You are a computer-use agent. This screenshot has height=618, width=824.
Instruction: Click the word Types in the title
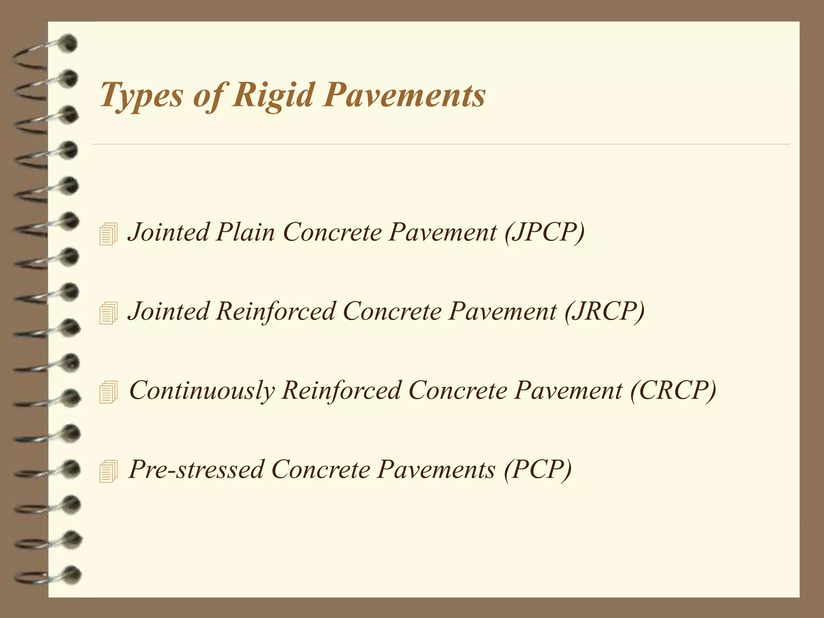coord(141,96)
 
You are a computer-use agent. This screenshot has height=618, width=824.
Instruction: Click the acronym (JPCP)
coord(544,232)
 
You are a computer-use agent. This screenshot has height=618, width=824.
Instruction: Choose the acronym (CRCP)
coord(673,390)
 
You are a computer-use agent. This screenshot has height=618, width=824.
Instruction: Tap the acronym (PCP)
coord(537,469)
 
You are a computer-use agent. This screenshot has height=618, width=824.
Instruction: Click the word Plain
coord(245,232)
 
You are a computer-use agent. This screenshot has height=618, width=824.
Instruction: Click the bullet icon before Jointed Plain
coord(108,234)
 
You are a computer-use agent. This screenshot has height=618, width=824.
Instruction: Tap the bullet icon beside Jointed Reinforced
coord(108,313)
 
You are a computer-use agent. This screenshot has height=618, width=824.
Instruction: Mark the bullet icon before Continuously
coord(108,391)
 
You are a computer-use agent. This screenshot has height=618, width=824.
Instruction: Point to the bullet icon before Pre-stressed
coord(108,471)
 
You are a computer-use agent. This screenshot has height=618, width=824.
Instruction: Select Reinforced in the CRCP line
coord(341,390)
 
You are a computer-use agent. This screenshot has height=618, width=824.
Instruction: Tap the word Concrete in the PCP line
coord(320,469)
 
